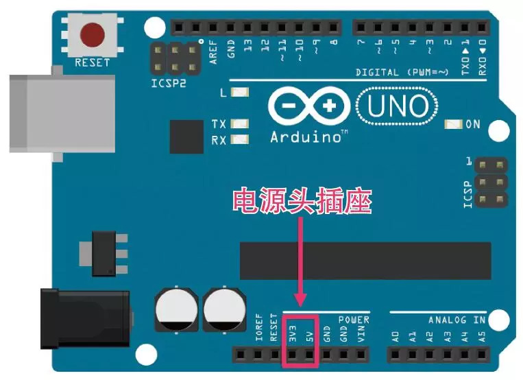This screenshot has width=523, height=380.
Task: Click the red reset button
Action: click(93, 34)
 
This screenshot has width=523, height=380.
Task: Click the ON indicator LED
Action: click(453, 124)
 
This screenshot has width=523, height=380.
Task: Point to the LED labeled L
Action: click(240, 93)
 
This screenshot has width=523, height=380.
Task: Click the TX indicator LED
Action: click(240, 124)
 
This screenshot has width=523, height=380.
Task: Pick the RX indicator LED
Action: click(240, 141)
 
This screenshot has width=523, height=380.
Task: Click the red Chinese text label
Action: click(302, 202)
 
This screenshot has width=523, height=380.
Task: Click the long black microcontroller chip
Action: click(365, 261)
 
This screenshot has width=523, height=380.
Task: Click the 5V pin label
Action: click(310, 335)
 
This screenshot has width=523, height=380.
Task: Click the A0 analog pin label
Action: click(396, 335)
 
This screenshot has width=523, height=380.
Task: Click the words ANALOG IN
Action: click(457, 320)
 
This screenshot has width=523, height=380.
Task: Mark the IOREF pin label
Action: click(259, 329)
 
